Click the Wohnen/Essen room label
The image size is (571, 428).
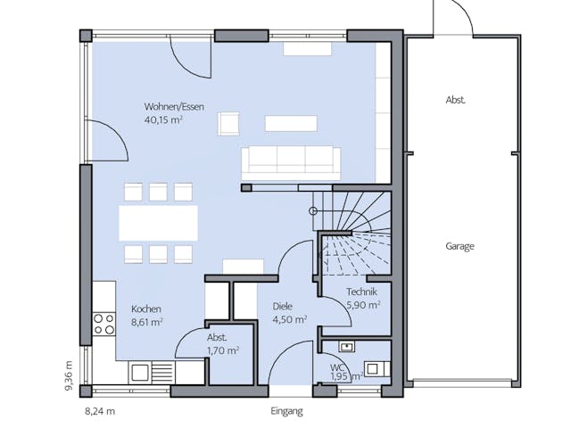tap(174, 107)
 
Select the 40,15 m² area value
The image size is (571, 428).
tap(163, 119)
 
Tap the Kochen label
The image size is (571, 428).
tap(145, 309)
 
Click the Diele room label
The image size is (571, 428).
tap(283, 308)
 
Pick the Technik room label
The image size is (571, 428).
tap(361, 292)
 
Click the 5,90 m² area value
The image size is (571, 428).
tap(362, 304)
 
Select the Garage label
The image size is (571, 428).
tap(459, 246)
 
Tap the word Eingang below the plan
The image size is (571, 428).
tap(286, 411)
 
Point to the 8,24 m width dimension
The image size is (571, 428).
tap(100, 411)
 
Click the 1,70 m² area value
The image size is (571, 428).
tap(222, 350)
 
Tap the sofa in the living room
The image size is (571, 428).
tap(290, 160)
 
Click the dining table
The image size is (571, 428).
tap(159, 222)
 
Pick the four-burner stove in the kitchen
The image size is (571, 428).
tap(103, 323)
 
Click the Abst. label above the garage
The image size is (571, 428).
tap(456, 101)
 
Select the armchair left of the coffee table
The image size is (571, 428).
tap(229, 123)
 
